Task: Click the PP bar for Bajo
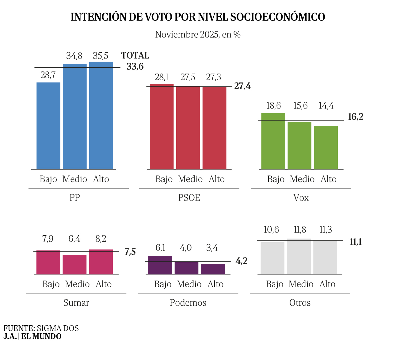click(x=48, y=126)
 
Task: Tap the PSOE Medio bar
click(x=188, y=128)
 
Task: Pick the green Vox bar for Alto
click(x=326, y=147)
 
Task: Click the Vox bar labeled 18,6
click(x=273, y=141)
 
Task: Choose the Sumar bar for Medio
click(x=74, y=265)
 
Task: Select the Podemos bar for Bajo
click(x=160, y=265)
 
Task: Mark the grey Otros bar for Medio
click(x=299, y=256)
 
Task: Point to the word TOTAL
click(x=135, y=56)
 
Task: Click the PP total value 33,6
click(x=135, y=67)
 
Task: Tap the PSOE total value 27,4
click(x=242, y=86)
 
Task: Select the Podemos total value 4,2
click(x=242, y=261)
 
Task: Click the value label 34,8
click(x=74, y=56)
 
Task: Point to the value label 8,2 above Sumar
click(x=101, y=239)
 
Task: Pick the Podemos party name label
click(x=188, y=303)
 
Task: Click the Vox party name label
click(x=301, y=198)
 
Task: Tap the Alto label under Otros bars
click(x=327, y=284)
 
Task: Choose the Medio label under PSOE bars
click(x=190, y=179)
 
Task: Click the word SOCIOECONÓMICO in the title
click(x=277, y=17)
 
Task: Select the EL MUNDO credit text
click(x=41, y=336)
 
